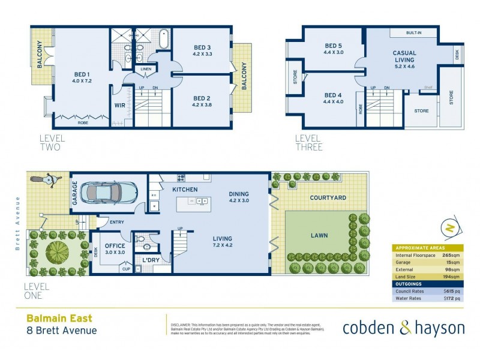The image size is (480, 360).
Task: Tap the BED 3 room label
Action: coord(202,47)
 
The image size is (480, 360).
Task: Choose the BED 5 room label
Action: coord(334,46)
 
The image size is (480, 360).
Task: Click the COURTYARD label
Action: coord(328,197)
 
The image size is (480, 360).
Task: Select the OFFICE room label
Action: coord(114,245)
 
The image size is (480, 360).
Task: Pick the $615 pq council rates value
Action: coord(452,291)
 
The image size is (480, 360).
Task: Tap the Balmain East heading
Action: coord(59,319)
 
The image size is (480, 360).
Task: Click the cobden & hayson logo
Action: coord(403,328)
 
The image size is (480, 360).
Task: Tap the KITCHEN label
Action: coord(185,190)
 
